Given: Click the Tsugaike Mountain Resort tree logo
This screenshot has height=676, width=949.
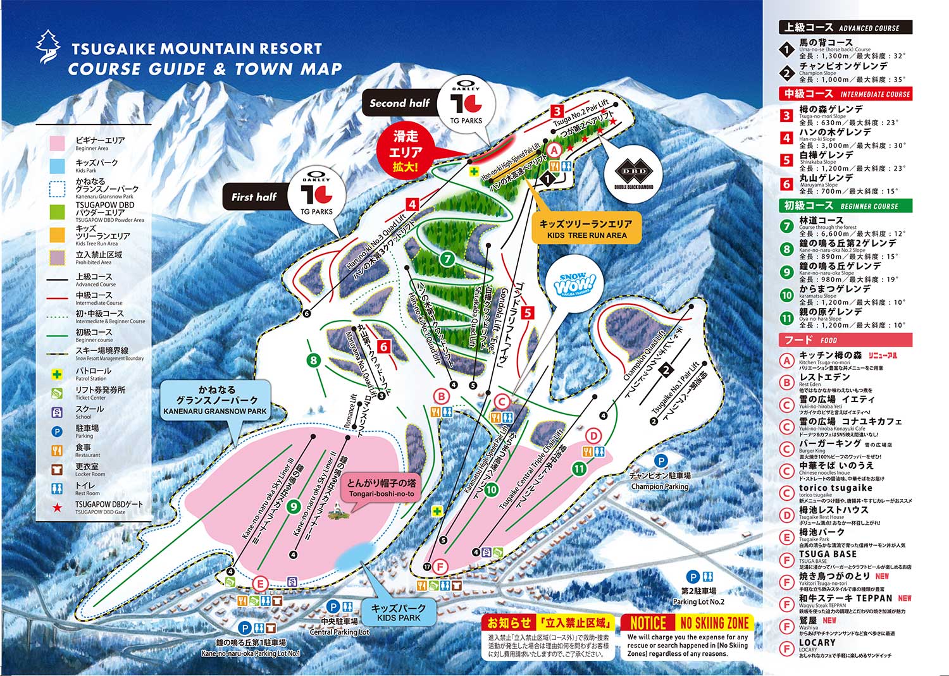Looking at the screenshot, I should pyautogui.click(x=48, y=46).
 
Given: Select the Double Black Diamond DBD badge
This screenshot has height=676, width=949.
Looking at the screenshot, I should pyautogui.click(x=633, y=173).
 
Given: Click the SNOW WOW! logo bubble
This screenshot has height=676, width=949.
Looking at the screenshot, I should pyautogui.click(x=574, y=285).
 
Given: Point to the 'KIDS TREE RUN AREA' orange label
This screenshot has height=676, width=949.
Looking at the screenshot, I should pyautogui.click(x=586, y=229).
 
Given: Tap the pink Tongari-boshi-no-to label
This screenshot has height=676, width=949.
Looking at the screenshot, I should pyautogui.click(x=381, y=488).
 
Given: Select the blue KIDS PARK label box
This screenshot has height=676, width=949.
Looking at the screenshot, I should pyautogui.click(x=399, y=612).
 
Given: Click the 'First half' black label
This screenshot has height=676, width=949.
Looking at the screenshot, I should pyautogui.click(x=254, y=197).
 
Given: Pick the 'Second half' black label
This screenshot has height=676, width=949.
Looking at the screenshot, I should pyautogui.click(x=399, y=103).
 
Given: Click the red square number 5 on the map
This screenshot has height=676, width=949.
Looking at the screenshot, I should pyautogui.click(x=528, y=312).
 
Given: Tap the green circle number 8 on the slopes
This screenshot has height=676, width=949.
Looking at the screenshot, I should pyautogui.click(x=314, y=360).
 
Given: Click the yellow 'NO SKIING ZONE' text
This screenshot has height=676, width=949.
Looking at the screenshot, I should pyautogui.click(x=714, y=623).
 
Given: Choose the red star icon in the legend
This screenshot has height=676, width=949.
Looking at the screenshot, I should pyautogui.click(x=57, y=507).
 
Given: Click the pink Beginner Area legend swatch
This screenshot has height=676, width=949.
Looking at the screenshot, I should pyautogui.click(x=57, y=144).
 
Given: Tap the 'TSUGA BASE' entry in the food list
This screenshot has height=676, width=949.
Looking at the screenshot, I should pyautogui.click(x=827, y=554).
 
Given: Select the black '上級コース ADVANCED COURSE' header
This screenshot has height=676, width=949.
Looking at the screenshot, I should pyautogui.click(x=845, y=27).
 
